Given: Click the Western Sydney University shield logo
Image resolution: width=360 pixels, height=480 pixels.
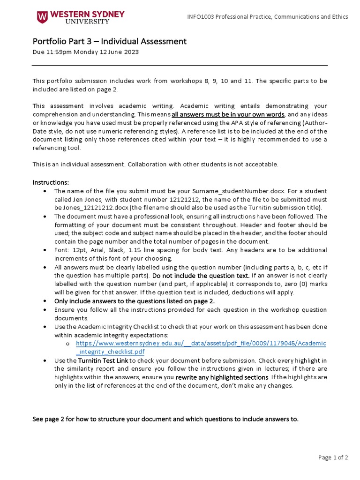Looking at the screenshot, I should point(42,17).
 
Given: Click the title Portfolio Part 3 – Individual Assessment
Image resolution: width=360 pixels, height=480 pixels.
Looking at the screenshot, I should point(109,41).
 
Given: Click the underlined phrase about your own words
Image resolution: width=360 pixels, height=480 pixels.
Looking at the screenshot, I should point(228,114).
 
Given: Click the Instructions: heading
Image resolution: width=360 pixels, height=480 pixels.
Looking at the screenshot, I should point(51,182).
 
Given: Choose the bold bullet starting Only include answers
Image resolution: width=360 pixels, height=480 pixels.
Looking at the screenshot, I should point(134,301).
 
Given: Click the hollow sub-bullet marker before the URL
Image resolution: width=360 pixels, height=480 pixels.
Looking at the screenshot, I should point(68,344).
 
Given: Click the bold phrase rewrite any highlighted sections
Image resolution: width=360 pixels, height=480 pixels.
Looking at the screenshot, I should point(222,377).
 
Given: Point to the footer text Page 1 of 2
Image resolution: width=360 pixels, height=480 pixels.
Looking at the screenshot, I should point(333,458).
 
